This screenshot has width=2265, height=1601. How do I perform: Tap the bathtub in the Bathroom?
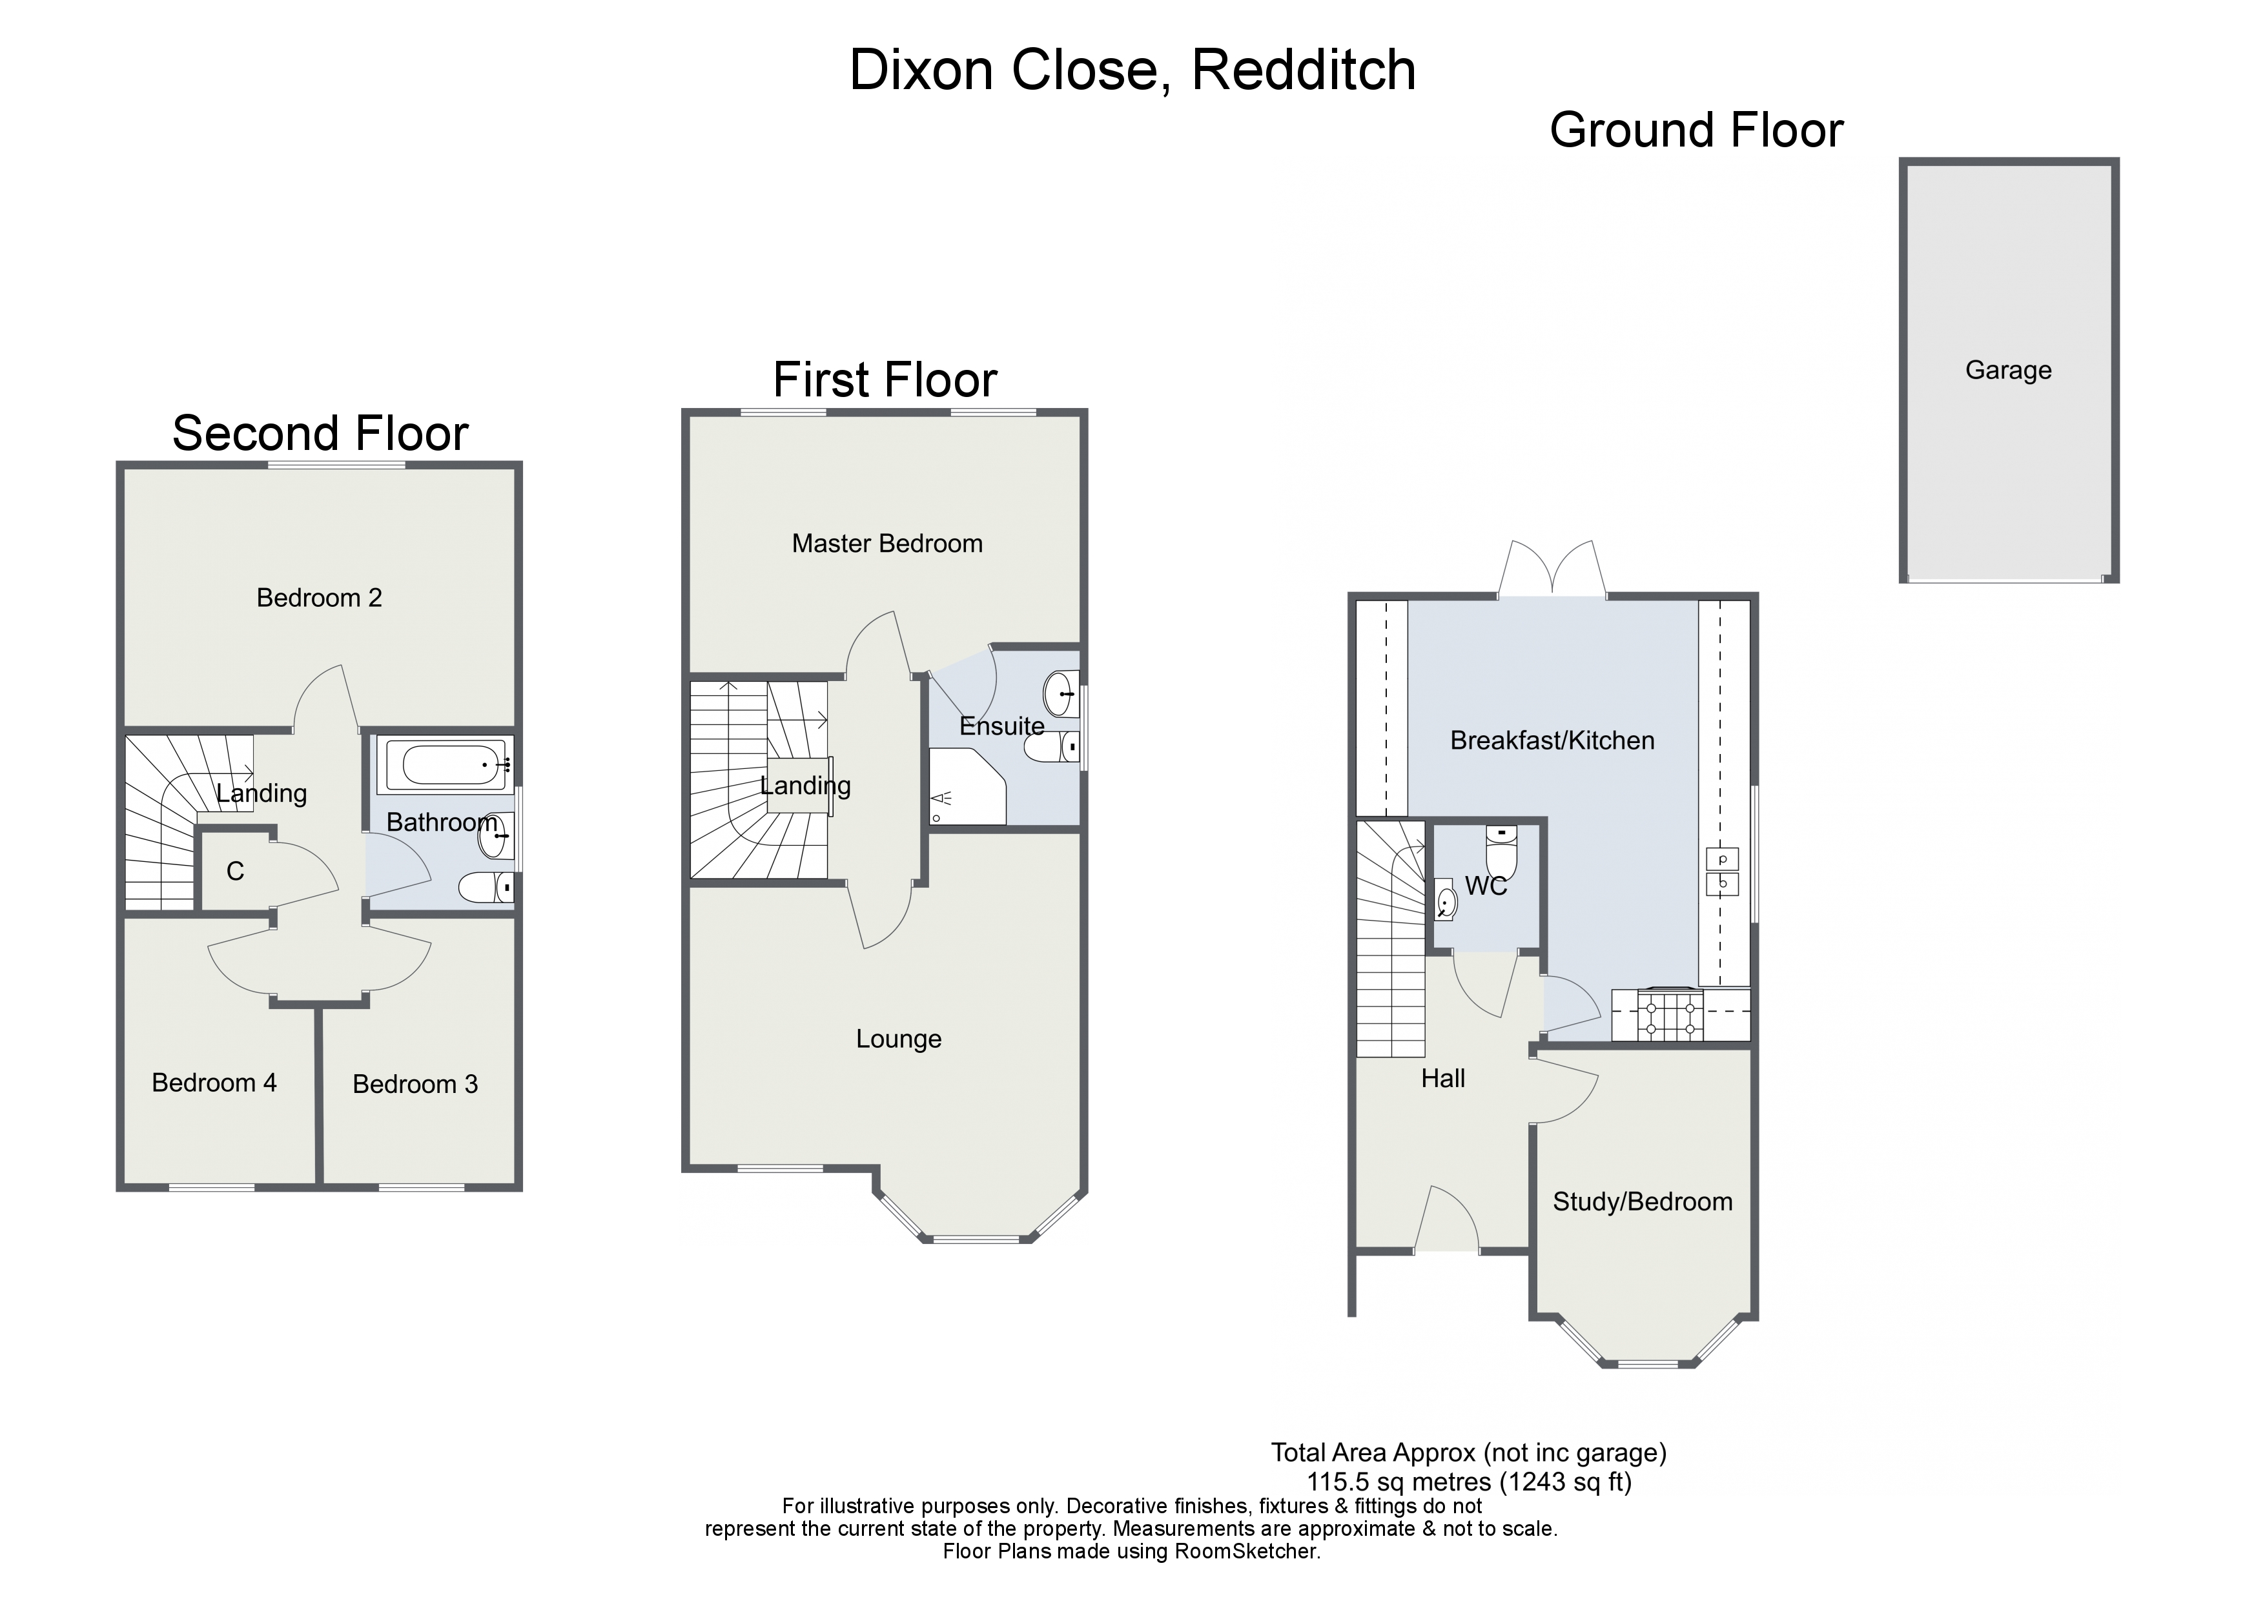pos(446,764)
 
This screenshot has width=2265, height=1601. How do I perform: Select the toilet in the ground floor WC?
pos(1501,850)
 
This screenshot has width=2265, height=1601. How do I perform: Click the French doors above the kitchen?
pos(1552,572)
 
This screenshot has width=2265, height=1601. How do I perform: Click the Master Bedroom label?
pos(887,544)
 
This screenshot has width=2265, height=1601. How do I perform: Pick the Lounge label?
pos(897,1039)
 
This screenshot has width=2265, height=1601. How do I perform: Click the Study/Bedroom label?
pos(1641,1201)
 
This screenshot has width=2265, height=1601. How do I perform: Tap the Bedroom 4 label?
pos(214,1083)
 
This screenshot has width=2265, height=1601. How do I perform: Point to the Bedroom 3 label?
pos(415,1084)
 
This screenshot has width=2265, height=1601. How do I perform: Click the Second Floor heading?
pos(320,433)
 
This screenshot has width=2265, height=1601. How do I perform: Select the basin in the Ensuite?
pos(1060,693)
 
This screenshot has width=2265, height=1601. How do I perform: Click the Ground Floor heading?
pos(1696,131)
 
